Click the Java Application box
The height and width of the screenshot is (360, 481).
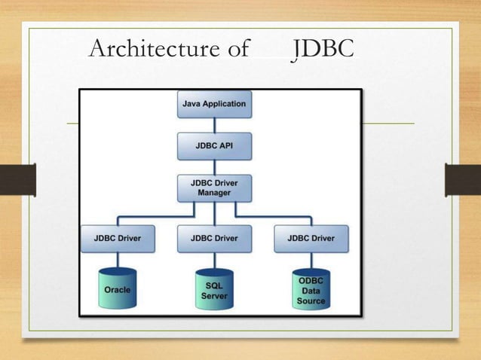(x=214, y=104)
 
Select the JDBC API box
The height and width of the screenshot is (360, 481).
(x=214, y=145)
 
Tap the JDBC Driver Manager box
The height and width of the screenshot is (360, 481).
(x=214, y=188)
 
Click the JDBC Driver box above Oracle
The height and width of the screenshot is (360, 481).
(x=118, y=238)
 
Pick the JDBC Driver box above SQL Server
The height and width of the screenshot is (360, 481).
(x=214, y=238)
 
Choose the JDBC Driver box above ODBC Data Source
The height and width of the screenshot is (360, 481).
(x=311, y=238)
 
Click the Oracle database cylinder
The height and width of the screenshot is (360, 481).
(x=118, y=288)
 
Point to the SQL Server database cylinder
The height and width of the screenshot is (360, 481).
(x=214, y=290)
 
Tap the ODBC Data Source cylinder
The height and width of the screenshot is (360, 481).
(x=311, y=290)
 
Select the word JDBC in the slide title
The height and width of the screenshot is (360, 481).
(x=323, y=49)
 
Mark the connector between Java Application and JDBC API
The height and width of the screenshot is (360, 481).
(x=214, y=125)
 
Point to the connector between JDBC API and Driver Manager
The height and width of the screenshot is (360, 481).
(x=214, y=167)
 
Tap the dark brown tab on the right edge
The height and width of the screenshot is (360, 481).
(x=463, y=180)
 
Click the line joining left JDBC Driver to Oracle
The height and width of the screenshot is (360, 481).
(x=118, y=260)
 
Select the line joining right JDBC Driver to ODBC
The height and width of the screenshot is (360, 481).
(x=311, y=260)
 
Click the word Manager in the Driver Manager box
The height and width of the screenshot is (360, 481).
(x=214, y=193)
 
